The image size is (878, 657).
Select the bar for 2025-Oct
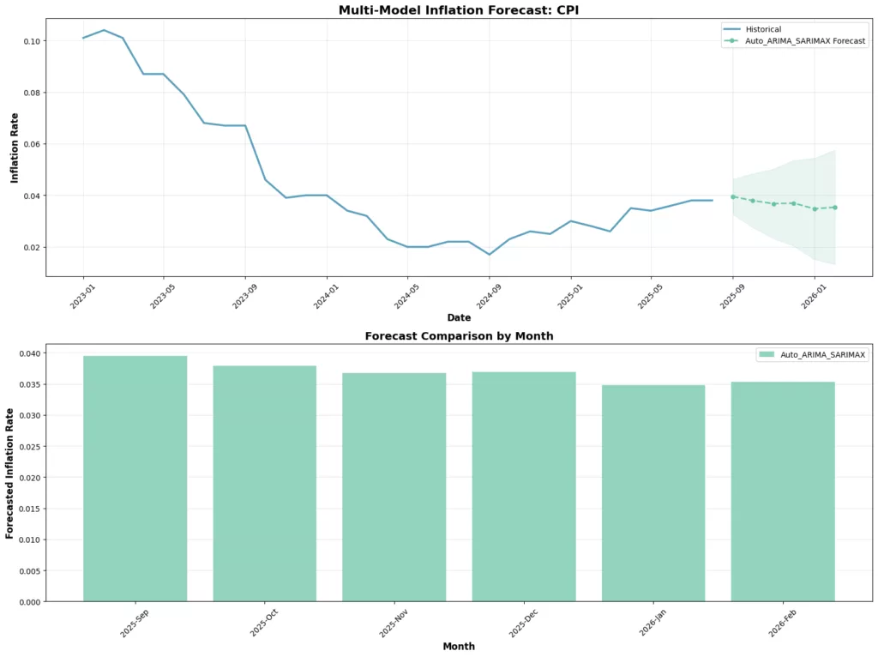tap(265, 484)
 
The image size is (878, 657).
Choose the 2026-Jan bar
tap(653, 493)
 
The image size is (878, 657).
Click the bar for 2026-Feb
tap(783, 491)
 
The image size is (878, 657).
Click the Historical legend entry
tap(763, 29)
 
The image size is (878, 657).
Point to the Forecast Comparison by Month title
tap(459, 336)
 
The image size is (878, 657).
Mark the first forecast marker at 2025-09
tap(733, 196)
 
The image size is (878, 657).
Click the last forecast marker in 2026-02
tap(835, 207)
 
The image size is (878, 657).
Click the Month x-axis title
tap(459, 646)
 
